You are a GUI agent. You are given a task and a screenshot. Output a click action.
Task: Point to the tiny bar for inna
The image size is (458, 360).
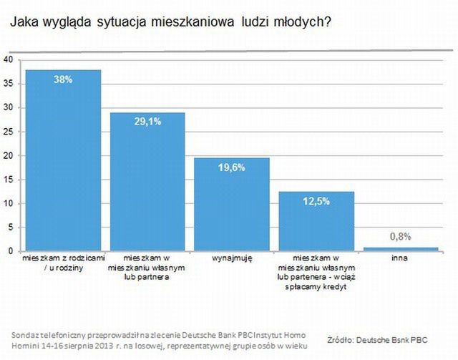(x=401, y=248)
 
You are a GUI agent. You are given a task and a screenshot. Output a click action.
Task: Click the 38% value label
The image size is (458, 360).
(x=63, y=80)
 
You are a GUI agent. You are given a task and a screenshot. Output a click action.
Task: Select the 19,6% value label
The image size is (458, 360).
(x=232, y=167)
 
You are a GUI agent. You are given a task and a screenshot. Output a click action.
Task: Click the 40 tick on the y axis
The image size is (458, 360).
(x=9, y=60)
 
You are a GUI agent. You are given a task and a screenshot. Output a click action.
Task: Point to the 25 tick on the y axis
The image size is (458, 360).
(x=9, y=132)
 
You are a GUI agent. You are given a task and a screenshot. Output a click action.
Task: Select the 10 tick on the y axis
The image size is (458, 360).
(x=9, y=203)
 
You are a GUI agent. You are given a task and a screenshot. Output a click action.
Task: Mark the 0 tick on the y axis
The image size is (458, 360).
(x=11, y=251)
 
